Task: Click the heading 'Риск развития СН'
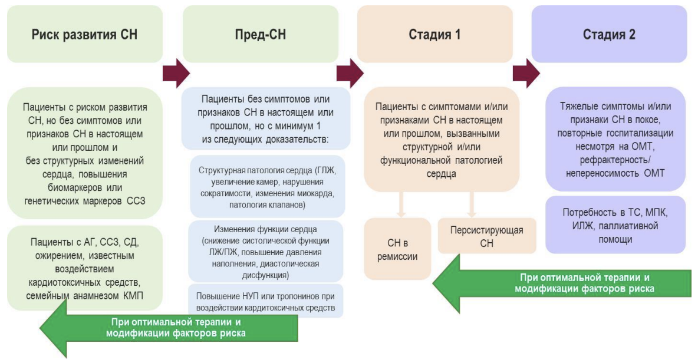coord(84,34)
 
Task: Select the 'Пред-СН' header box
coord(261,34)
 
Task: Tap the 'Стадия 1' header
coord(435,34)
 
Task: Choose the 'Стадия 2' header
coord(609,34)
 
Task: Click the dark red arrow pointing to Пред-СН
coord(176,73)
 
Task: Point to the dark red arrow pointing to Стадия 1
coord(350,73)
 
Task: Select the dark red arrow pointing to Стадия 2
coord(526,73)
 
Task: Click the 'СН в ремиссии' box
coord(397,249)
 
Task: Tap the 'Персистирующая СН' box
coord(487,236)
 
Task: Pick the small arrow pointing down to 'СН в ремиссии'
coord(401,204)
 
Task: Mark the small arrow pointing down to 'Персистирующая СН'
coord(472,204)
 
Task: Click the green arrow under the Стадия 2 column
coord(562,284)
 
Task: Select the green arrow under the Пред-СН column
coord(169,328)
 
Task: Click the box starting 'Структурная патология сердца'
coord(268,187)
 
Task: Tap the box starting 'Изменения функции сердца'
coord(266,252)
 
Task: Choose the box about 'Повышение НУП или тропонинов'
coord(266,301)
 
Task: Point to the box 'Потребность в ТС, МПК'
coord(615,225)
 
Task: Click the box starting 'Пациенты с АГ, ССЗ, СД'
coord(84,268)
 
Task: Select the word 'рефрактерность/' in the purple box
coord(615,160)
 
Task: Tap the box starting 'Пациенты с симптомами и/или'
coord(442,140)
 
